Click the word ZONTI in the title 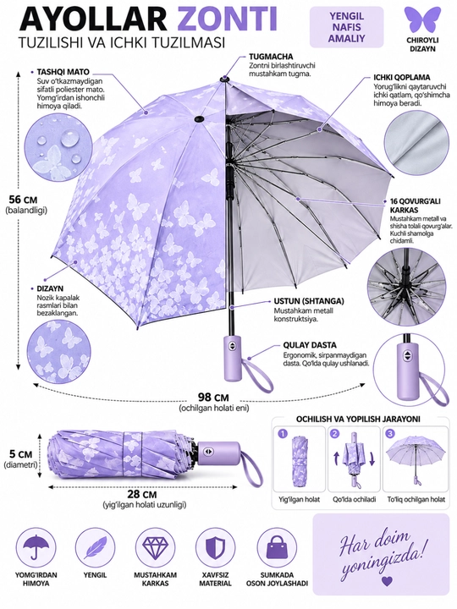(223, 19)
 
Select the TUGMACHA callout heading (272, 57)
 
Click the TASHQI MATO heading (63, 72)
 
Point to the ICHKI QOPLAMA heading (402, 77)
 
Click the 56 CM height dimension (23, 200)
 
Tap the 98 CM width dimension (213, 398)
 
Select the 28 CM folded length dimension (142, 495)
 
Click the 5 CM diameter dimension (21, 454)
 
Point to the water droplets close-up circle (58, 150)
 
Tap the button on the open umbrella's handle (233, 346)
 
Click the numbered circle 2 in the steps (335, 434)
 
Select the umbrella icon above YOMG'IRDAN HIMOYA (36, 547)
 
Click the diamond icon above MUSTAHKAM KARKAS (155, 547)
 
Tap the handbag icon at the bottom (276, 547)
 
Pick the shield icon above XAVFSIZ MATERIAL (215, 547)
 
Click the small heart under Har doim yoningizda (386, 581)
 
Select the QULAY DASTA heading (310, 345)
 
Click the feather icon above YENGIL (95, 547)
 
